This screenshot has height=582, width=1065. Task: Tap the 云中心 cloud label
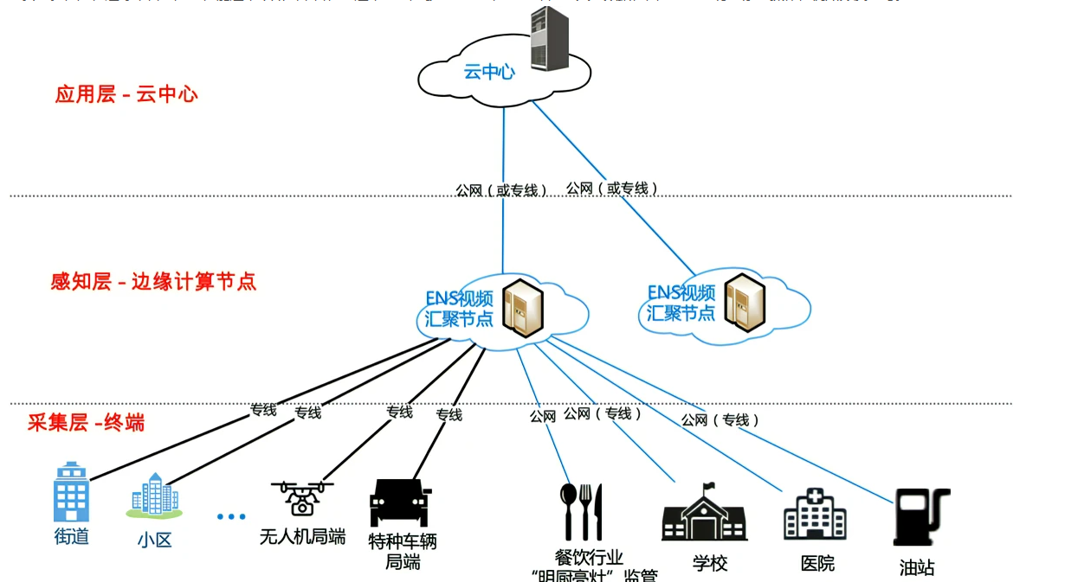pos(489,72)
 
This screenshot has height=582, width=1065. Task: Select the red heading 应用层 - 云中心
pos(126,94)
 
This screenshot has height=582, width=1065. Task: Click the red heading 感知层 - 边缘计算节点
pos(153,282)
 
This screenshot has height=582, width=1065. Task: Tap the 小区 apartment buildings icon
pos(154,496)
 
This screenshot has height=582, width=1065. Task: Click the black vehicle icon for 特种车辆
pos(400,502)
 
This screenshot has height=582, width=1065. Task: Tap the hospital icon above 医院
pos(815,514)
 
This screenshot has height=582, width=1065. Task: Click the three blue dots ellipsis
pos(231,516)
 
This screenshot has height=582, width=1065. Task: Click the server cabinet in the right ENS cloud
pos(745,303)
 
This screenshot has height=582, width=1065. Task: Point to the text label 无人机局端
pos(302,537)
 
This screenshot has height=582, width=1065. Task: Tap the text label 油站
pos(917,568)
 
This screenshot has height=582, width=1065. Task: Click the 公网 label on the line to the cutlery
pos(543,416)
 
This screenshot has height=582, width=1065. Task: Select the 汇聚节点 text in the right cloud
pos(681,312)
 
